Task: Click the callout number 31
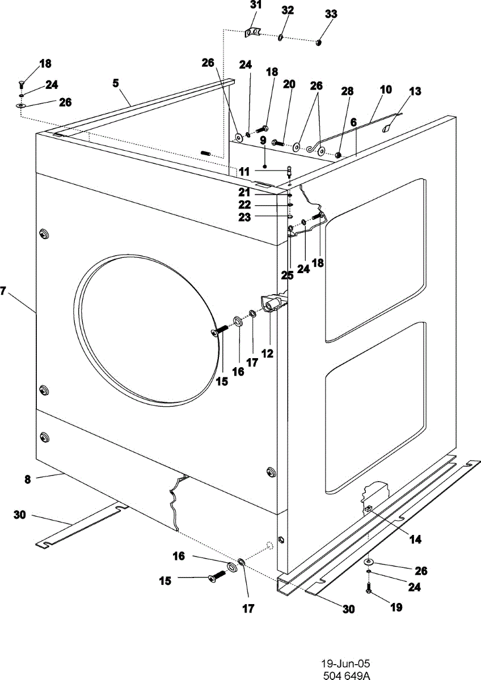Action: point(255,6)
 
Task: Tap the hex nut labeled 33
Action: point(318,43)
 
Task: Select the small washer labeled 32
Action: point(280,37)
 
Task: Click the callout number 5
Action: point(116,83)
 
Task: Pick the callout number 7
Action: point(3,291)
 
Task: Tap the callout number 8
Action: point(27,479)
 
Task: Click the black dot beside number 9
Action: point(265,166)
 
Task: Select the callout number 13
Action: point(415,91)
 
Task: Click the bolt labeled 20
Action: point(279,142)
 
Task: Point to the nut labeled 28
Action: point(337,155)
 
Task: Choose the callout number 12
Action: point(267,354)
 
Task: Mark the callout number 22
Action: point(244,205)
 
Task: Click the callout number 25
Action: point(287,275)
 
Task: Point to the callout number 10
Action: point(386,90)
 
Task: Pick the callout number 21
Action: point(244,192)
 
